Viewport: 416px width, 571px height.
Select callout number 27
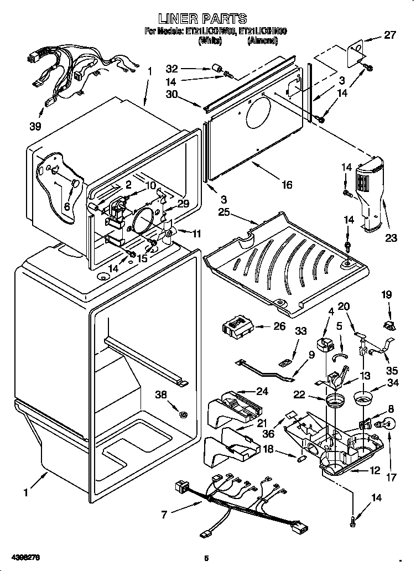(x=391, y=35)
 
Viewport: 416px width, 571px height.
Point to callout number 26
(x=280, y=326)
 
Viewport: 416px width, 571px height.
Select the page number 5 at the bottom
(x=206, y=558)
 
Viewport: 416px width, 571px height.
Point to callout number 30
(x=172, y=94)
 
